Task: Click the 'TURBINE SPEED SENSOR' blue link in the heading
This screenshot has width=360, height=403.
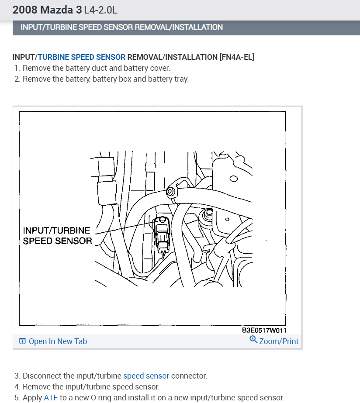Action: [x=82, y=57]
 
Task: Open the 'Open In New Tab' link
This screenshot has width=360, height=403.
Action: [x=58, y=341]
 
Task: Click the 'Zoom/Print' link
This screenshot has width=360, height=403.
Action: [x=279, y=341]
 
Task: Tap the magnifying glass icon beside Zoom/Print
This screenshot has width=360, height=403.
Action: [x=253, y=340]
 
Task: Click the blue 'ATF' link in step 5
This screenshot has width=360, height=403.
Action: [x=51, y=398]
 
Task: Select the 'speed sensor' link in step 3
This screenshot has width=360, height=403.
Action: [x=146, y=376]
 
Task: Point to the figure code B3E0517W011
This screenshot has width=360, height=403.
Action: [x=264, y=330]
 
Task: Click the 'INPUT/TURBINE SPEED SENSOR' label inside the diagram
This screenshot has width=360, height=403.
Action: [x=57, y=236]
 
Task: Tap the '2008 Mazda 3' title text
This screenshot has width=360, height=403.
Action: [x=47, y=10]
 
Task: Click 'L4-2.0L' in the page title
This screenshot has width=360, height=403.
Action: [x=100, y=10]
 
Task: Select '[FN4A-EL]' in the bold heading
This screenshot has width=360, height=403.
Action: [x=236, y=57]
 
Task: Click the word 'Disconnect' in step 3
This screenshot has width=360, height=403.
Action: [x=42, y=376]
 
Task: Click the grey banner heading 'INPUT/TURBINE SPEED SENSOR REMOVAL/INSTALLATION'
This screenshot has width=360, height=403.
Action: [x=121, y=27]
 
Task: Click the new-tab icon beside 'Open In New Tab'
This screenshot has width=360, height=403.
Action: [x=22, y=341]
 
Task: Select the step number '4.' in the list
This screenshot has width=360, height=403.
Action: [x=17, y=387]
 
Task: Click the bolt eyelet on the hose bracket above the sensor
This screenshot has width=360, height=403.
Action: [x=170, y=192]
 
